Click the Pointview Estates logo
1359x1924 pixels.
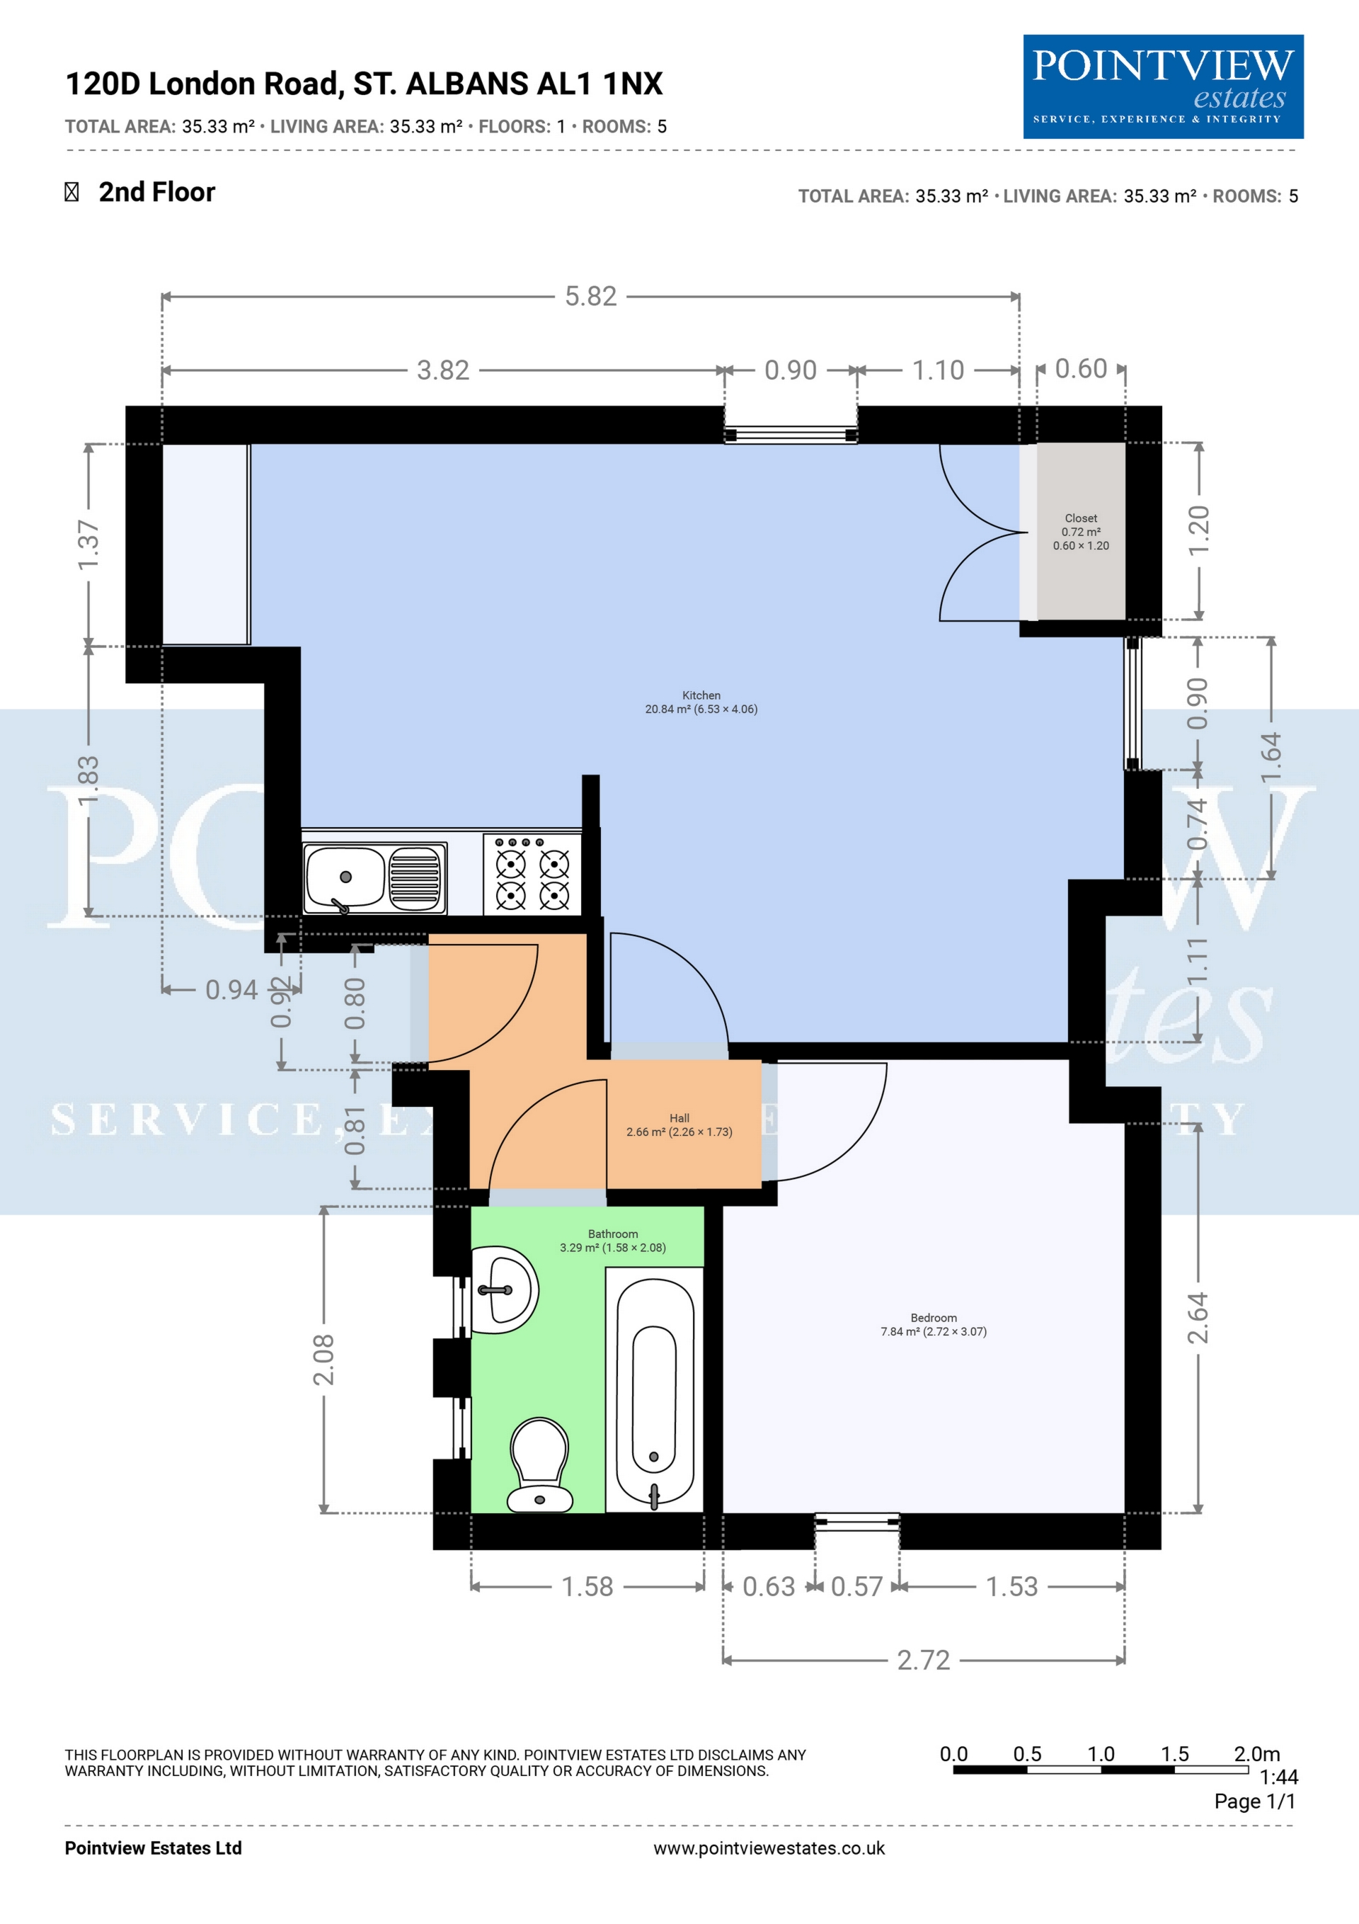(x=1163, y=86)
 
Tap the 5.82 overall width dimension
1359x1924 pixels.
(x=591, y=297)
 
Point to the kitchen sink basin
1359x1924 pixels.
(x=345, y=877)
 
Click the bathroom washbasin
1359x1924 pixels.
(x=503, y=1290)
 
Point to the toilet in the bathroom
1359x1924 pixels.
(x=539, y=1466)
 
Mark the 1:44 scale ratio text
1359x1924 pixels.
(x=1278, y=1777)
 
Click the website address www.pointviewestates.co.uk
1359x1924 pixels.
(x=769, y=1848)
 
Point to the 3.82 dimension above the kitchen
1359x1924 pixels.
(x=443, y=370)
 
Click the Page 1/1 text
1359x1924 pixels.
(x=1255, y=1801)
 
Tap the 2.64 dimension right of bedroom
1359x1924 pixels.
(x=1198, y=1317)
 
